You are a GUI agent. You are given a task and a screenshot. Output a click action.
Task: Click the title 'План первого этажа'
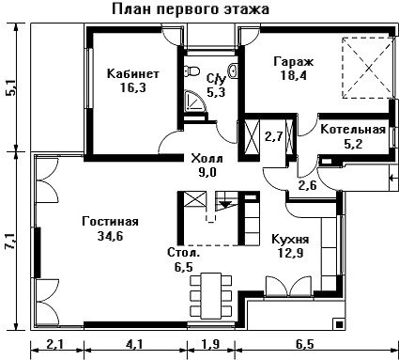[191, 9]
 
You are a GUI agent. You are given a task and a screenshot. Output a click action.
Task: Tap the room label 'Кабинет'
[133, 74]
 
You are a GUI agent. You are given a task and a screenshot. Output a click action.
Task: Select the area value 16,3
[133, 88]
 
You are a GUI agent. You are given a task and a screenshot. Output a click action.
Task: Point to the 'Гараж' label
[293, 62]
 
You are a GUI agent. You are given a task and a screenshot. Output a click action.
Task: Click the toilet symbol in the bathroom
[192, 71]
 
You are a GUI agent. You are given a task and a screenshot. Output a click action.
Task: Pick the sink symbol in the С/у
[234, 71]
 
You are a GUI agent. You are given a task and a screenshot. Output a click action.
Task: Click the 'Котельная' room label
[353, 130]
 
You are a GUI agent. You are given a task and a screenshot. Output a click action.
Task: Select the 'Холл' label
[207, 158]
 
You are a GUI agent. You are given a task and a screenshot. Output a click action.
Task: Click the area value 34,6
[110, 235]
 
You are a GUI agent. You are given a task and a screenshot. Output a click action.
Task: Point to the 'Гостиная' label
[110, 222]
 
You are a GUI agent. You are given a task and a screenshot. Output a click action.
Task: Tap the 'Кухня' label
[290, 239]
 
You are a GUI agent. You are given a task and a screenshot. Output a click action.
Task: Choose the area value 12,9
[290, 253]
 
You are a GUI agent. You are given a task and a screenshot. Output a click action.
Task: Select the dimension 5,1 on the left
[11, 87]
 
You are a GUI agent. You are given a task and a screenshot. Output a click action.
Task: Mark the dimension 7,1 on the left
[11, 241]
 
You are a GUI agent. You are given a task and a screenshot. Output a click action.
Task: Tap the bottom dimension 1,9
[210, 345]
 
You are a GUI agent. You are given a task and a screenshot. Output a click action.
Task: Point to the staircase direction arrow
[224, 204]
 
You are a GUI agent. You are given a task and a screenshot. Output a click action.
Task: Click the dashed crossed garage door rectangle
[368, 68]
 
